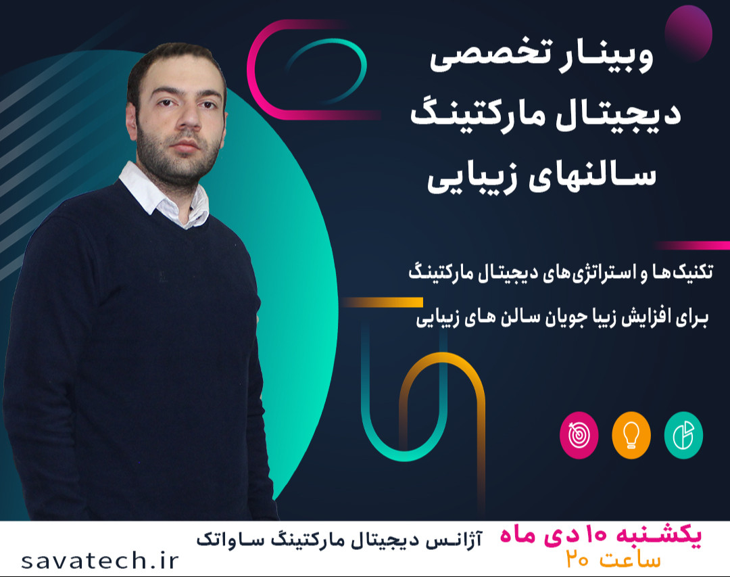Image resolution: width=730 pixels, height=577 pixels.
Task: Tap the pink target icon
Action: (579, 436)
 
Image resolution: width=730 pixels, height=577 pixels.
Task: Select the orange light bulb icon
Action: (631, 436)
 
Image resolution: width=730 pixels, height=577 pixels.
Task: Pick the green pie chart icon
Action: (683, 435)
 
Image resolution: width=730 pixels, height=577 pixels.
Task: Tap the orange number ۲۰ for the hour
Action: (578, 561)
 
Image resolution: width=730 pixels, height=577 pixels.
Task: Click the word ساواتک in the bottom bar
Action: (226, 539)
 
